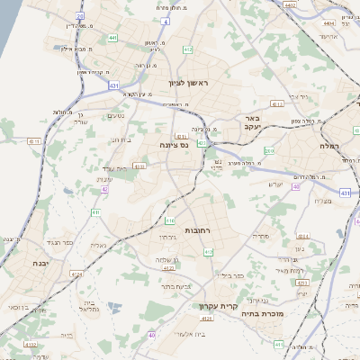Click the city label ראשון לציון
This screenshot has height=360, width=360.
pyautogui.click(x=187, y=83)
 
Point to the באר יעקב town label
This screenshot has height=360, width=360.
pyautogui.click(x=251, y=123)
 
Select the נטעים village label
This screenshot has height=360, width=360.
pyautogui.click(x=115, y=115)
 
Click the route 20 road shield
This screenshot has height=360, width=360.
pyautogui.click(x=80, y=16)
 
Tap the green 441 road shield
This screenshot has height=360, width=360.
pyautogui.click(x=112, y=38)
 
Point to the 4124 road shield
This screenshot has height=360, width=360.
pyautogui.click(x=76, y=274)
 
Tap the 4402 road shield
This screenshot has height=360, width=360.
pyautogui.click(x=290, y=4)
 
